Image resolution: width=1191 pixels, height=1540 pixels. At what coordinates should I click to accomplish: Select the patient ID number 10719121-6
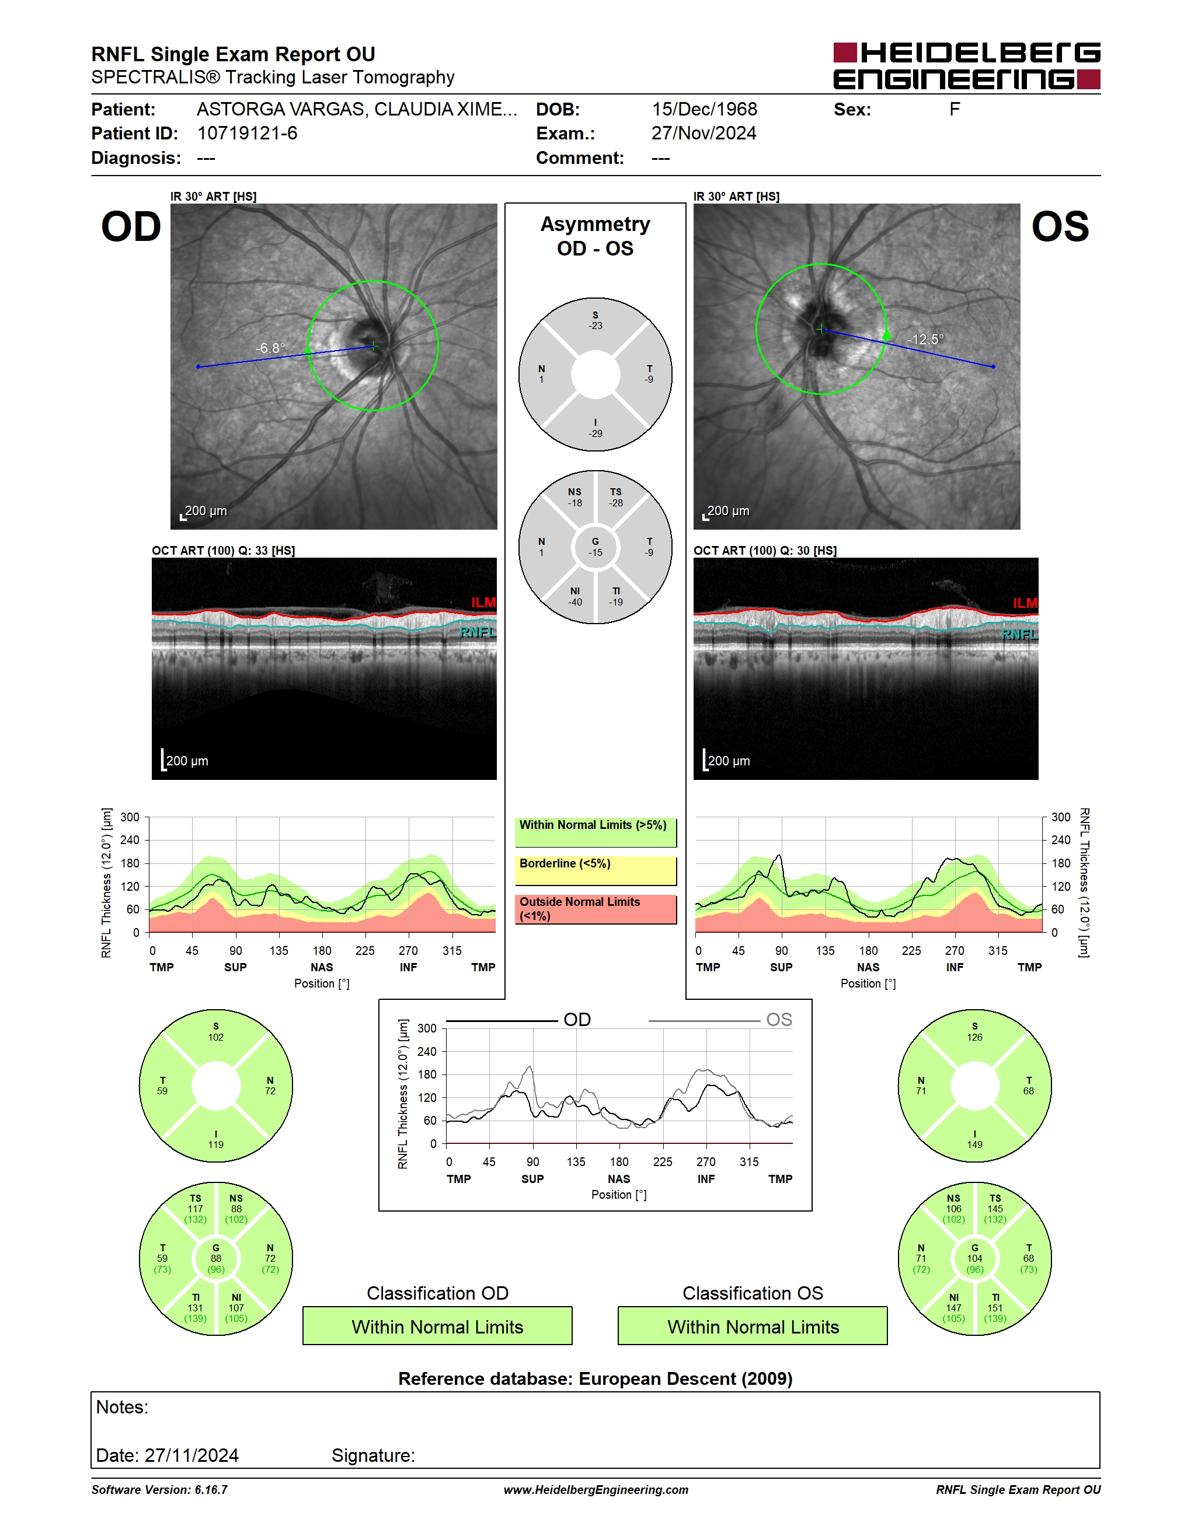[x=247, y=133]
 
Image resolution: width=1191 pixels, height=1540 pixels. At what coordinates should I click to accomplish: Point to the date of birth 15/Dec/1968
[x=704, y=109]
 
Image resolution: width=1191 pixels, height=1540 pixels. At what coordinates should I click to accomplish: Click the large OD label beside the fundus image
[x=131, y=227]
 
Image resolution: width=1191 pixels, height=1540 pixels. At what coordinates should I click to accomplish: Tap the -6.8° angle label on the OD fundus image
[x=270, y=348]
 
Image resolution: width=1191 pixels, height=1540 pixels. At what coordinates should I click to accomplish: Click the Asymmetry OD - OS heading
[x=595, y=236]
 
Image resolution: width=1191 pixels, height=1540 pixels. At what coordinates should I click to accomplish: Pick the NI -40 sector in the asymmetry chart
[x=575, y=597]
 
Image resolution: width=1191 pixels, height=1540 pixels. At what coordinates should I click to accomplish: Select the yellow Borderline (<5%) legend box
[x=595, y=870]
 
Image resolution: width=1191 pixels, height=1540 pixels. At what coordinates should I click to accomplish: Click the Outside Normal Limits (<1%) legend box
[x=595, y=909]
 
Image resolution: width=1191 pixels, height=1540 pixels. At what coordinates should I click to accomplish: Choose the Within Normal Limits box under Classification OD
[x=437, y=1326]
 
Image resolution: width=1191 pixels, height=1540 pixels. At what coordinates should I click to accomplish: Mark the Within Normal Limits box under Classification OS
[x=753, y=1326]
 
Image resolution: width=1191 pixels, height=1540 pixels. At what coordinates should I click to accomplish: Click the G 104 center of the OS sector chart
[x=974, y=1259]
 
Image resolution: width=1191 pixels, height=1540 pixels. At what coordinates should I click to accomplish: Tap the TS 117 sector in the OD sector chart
[x=196, y=1209]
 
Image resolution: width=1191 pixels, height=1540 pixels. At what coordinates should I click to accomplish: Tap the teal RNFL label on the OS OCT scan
[x=1019, y=635]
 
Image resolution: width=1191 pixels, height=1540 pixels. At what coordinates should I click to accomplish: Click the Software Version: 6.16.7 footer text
[x=159, y=1490]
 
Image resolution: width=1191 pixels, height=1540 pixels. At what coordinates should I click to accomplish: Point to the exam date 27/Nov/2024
[x=704, y=133]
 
